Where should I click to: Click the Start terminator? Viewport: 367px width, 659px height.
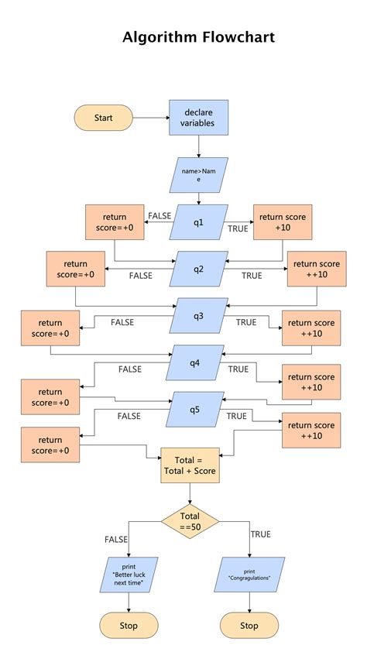point(103,118)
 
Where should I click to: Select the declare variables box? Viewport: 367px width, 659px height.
point(198,118)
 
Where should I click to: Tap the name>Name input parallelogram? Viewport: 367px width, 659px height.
point(198,174)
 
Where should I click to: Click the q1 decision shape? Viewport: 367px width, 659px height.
point(199,223)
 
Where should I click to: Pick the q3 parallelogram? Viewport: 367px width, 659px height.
point(199,315)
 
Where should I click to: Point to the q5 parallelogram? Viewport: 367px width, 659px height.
point(194,410)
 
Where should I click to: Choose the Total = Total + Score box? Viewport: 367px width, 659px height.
point(190,465)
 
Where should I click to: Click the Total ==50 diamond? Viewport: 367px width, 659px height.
point(190,521)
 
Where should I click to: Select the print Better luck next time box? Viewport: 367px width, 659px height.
point(129,575)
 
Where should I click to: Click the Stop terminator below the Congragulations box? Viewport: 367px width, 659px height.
point(249,625)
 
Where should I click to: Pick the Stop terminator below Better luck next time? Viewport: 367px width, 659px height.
point(129,625)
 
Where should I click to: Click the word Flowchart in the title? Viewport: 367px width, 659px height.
point(238,37)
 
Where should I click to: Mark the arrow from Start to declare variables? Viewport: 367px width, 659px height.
point(150,118)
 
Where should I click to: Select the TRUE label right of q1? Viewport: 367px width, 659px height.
point(238,228)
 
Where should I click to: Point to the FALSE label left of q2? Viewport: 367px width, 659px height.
point(141,275)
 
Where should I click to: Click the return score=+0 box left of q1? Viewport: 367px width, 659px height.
point(115,222)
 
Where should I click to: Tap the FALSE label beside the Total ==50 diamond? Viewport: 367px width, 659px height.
point(116,539)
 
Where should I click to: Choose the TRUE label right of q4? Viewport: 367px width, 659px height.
point(238,369)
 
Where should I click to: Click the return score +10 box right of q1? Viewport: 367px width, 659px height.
point(283,222)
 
